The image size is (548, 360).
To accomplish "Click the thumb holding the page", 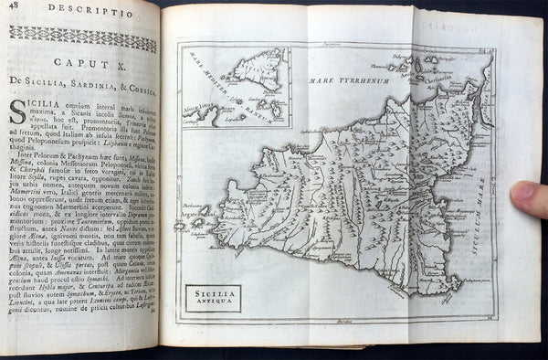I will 531,198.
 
